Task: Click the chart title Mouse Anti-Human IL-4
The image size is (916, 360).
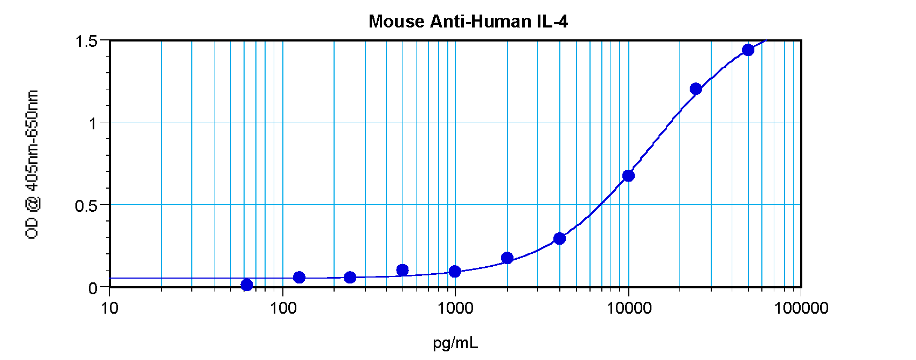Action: pyautogui.click(x=468, y=22)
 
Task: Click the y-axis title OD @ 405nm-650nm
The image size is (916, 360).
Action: pyautogui.click(x=32, y=164)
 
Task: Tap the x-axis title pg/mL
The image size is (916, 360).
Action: pyautogui.click(x=455, y=343)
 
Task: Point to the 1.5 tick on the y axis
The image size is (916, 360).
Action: pyautogui.click(x=87, y=41)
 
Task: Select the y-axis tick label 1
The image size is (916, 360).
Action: pyautogui.click(x=93, y=123)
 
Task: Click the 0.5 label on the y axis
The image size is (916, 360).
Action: pyautogui.click(x=87, y=206)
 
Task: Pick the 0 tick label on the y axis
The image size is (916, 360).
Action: pyautogui.click(x=93, y=288)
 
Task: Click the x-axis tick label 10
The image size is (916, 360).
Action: pyautogui.click(x=109, y=308)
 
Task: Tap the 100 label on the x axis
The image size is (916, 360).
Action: pyautogui.click(x=283, y=308)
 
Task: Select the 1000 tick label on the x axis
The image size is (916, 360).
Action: pyautogui.click(x=455, y=308)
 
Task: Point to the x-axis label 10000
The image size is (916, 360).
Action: pyautogui.click(x=629, y=308)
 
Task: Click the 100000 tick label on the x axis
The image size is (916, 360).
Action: pyautogui.click(x=801, y=308)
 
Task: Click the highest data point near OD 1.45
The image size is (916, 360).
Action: pyautogui.click(x=748, y=50)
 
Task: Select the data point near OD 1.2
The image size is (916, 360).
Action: pyautogui.click(x=696, y=89)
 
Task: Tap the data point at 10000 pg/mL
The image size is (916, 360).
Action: pyautogui.click(x=628, y=176)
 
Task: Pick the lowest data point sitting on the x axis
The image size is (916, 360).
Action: pyautogui.click(x=247, y=285)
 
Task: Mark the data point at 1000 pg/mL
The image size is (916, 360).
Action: pyautogui.click(x=455, y=271)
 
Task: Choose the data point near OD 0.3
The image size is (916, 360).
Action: pyautogui.click(x=559, y=238)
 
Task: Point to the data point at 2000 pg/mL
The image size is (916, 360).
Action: pyautogui.click(x=507, y=258)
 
